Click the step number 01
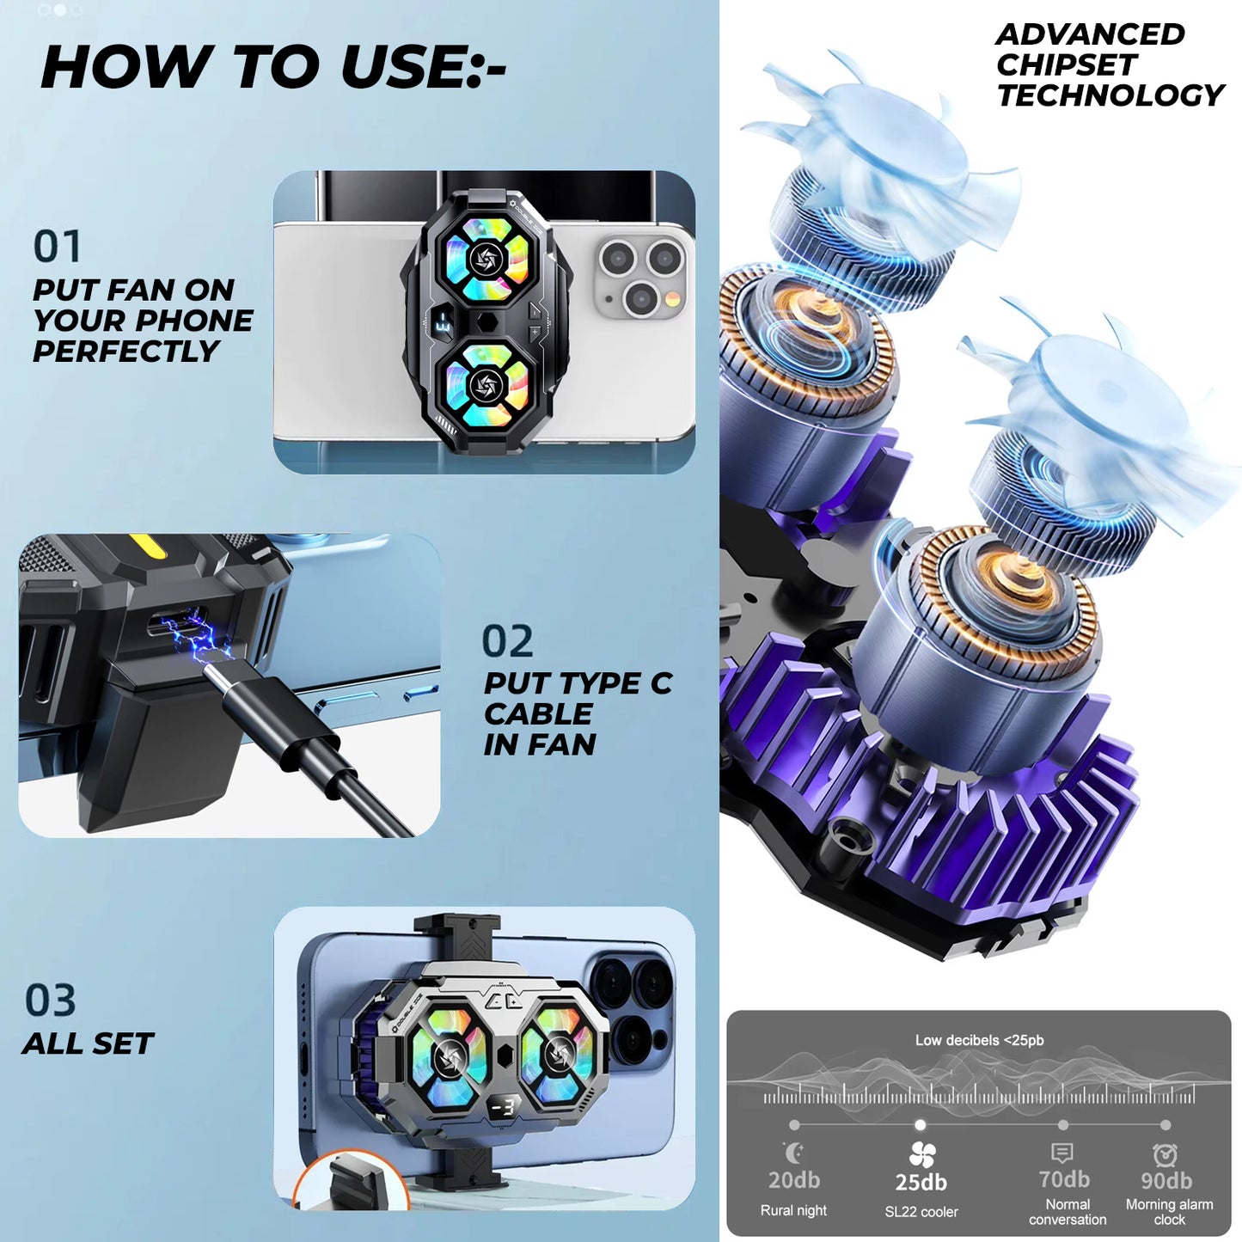(x=57, y=246)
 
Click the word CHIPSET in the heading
(x=1066, y=64)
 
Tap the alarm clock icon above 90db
(x=1166, y=1154)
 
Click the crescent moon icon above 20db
(x=794, y=1153)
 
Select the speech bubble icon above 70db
(x=1062, y=1153)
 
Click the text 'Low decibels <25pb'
(x=979, y=1040)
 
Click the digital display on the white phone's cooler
(x=444, y=321)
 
